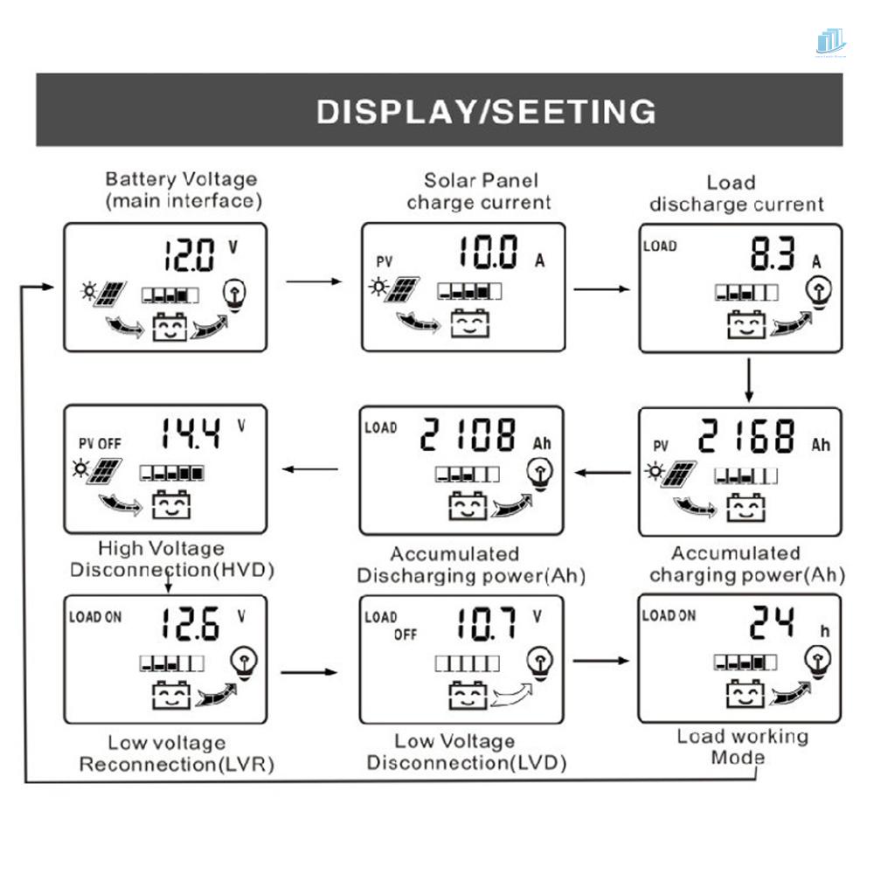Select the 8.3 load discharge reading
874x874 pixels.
(772, 256)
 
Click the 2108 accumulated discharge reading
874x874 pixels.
(468, 434)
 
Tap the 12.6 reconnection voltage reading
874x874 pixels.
(189, 624)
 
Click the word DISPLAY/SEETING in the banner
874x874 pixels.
(486, 112)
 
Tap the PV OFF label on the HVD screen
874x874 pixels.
(97, 444)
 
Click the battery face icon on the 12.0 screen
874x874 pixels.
(169, 329)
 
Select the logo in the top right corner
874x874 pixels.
(830, 43)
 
